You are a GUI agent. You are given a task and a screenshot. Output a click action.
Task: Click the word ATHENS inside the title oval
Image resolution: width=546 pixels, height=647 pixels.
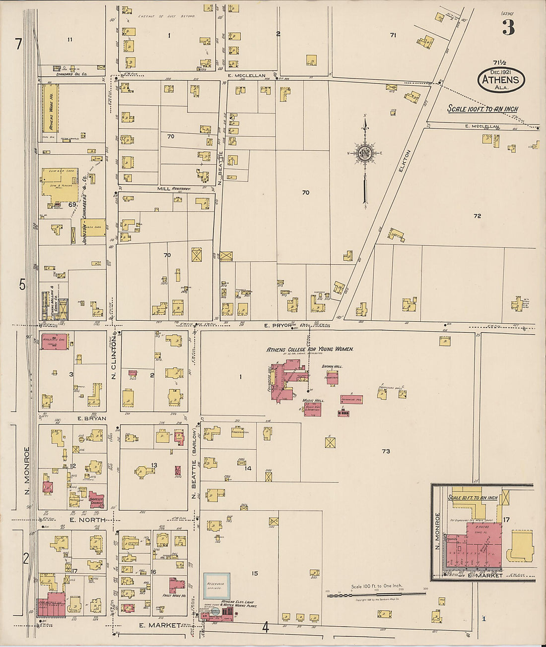pos(501,79)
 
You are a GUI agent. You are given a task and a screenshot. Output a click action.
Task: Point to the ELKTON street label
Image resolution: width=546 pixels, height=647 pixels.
pos(405,161)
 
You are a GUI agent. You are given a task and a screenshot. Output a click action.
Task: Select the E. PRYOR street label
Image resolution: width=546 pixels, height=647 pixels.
pos(278,326)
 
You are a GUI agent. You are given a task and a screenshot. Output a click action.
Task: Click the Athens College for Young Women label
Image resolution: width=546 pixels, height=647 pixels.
pos(310,349)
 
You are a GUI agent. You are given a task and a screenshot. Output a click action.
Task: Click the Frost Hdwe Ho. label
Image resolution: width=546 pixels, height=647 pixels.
pos(174,595)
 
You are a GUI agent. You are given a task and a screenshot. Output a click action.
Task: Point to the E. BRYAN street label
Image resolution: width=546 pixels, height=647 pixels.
pos(92,418)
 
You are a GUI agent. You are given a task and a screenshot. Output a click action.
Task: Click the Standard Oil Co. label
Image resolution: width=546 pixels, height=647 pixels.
pos(71,74)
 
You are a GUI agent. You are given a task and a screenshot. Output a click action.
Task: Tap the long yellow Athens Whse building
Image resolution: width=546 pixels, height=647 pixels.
pos(50,108)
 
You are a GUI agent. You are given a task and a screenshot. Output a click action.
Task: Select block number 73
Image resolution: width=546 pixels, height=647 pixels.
pos(386,451)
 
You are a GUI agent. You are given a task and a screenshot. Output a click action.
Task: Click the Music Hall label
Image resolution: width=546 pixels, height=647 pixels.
pos(313,400)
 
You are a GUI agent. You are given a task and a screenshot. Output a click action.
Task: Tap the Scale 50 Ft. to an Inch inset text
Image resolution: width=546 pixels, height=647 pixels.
pos(473,497)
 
